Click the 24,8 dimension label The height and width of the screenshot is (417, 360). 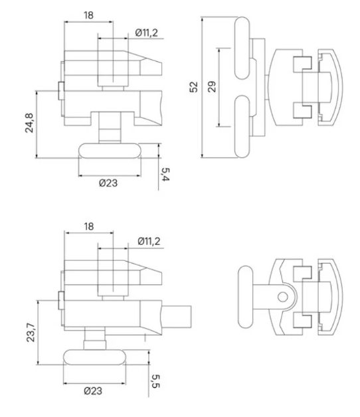point(29,123)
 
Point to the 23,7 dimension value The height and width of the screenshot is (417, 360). point(31,333)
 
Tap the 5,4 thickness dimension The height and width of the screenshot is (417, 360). point(165,175)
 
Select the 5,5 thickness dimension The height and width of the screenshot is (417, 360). point(155,381)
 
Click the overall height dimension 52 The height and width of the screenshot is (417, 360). point(194,87)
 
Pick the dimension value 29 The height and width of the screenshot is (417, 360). point(212,87)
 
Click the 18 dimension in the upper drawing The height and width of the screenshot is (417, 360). point(88,15)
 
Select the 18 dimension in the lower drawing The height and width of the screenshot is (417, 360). point(89,226)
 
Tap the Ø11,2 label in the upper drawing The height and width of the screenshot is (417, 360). point(146,33)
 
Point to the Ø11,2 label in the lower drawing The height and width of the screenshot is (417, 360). point(149,241)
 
